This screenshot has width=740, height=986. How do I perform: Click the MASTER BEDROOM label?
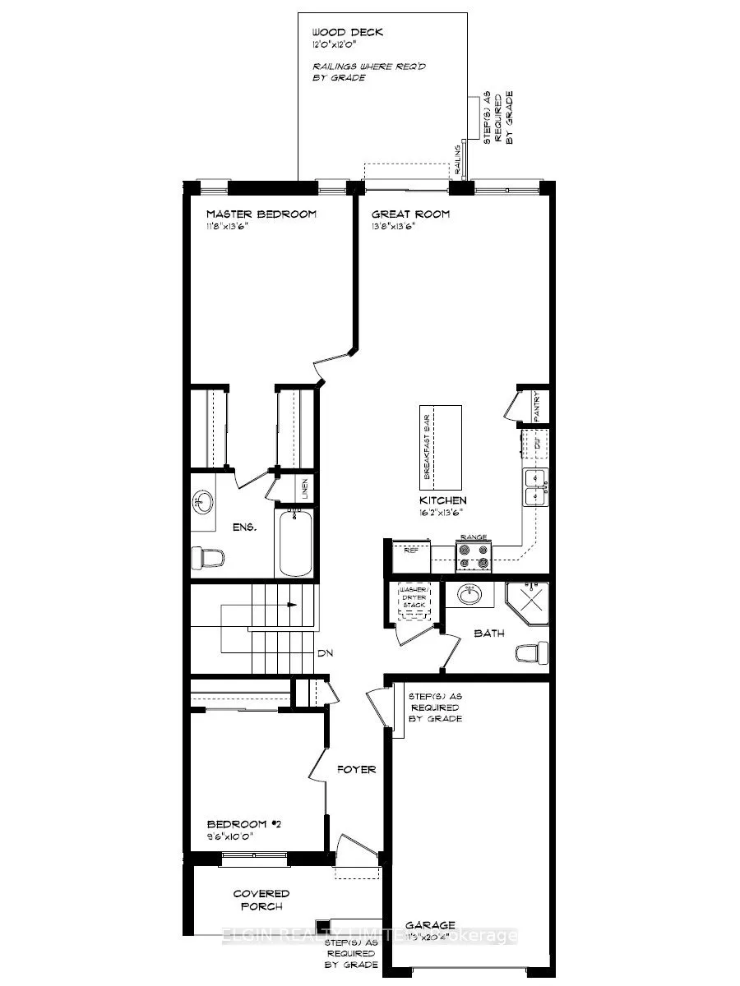[261, 214]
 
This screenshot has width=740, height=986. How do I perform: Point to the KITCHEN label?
[444, 500]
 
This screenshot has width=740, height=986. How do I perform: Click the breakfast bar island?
[441, 447]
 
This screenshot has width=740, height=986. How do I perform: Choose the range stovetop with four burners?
[474, 557]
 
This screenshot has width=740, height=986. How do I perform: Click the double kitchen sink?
[536, 486]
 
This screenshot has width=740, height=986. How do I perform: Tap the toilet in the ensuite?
[209, 558]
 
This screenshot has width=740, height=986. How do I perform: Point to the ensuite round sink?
[204, 500]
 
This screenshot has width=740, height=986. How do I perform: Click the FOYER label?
[357, 769]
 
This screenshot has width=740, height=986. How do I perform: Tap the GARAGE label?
[431, 924]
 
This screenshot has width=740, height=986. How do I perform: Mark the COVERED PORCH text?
[261, 900]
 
